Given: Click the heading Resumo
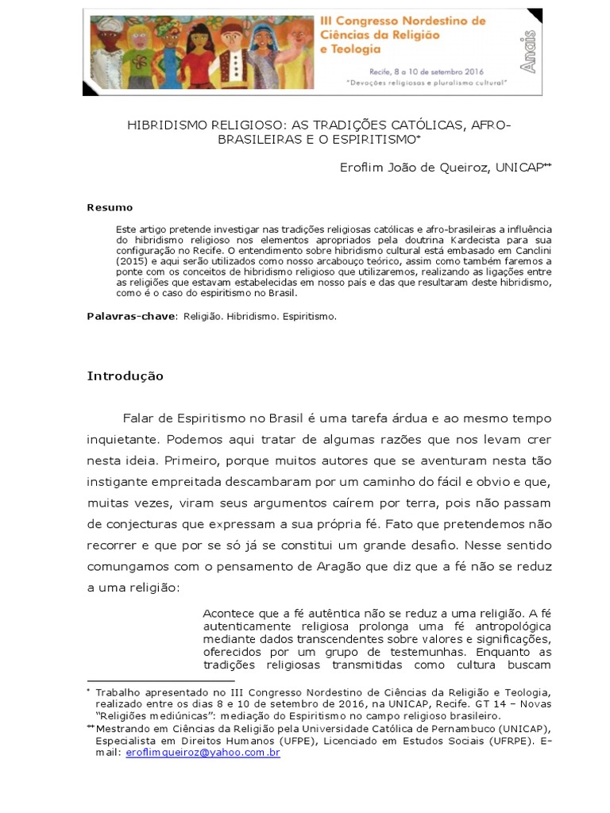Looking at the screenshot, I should (110, 207).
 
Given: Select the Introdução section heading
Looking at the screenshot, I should (125, 376).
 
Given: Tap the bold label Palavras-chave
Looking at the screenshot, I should (132, 316).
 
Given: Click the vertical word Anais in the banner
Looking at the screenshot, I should (527, 52).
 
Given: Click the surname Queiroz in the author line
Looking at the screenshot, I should (459, 168).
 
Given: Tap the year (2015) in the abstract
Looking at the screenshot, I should (132, 260).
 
